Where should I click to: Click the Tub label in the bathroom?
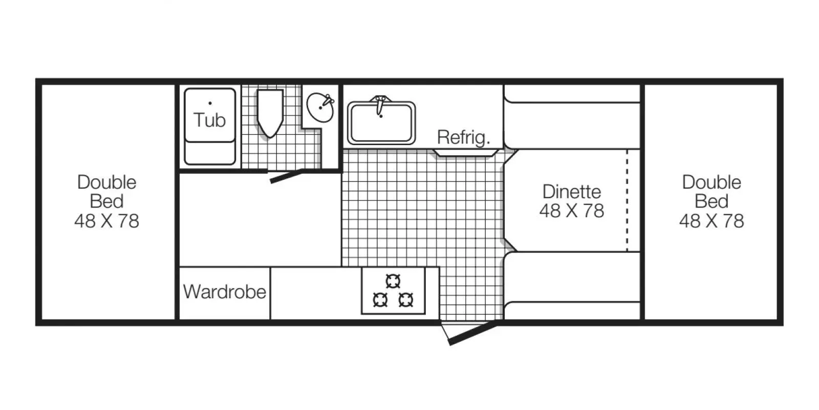coord(209,120)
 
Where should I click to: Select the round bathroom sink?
coord(320,107)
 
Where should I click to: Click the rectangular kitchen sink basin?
coord(381,123)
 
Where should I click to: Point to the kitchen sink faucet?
coord(380,105)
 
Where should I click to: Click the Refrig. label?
coord(464,138)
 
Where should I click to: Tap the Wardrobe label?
coord(225,292)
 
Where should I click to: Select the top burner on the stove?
coord(393,281)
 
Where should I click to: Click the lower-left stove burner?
coord(380,300)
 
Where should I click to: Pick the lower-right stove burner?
coord(406,300)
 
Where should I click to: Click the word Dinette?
coord(572,192)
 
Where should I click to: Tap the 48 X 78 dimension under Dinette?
coord(572,211)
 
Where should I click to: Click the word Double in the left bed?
coord(107,182)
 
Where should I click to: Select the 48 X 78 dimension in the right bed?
coord(712,221)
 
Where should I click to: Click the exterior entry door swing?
coord(472,334)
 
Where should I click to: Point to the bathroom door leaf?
coord(286,176)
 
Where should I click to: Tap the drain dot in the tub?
coord(210,103)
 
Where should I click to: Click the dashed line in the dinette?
coord(627,200)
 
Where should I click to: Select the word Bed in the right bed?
coord(712,201)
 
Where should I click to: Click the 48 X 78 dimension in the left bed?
coord(107,221)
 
